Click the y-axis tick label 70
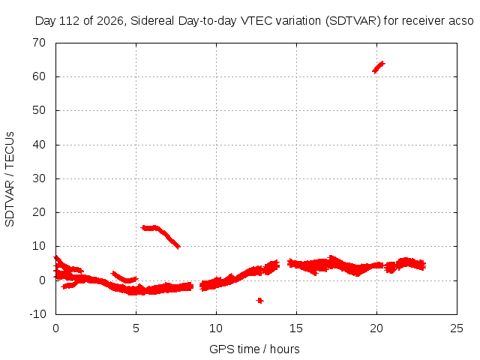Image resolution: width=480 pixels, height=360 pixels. click(x=39, y=43)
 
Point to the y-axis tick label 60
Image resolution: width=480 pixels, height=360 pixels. click(x=39, y=76)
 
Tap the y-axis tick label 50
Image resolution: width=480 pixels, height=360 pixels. click(x=39, y=110)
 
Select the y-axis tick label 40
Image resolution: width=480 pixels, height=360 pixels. click(x=39, y=145)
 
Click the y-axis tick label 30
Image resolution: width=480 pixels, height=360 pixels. click(x=39, y=178)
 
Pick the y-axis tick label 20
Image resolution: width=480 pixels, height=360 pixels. click(x=39, y=212)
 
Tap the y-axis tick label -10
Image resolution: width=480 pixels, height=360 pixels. click(x=37, y=314)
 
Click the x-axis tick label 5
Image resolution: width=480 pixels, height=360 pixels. click(x=136, y=328)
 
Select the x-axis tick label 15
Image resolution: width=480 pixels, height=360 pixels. click(x=296, y=328)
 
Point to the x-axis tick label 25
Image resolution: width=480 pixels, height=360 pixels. click(x=457, y=328)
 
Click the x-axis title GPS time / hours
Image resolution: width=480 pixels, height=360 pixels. click(x=254, y=349)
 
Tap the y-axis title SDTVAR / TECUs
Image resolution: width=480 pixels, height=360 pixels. click(x=10, y=179)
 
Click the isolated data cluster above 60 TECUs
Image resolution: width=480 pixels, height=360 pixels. click(x=378, y=67)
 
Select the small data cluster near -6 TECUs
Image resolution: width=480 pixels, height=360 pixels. click(x=260, y=301)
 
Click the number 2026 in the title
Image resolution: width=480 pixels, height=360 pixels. click(x=110, y=21)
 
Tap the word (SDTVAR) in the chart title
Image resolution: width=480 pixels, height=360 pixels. click(x=353, y=21)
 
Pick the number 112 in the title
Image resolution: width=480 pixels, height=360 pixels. click(x=70, y=21)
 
